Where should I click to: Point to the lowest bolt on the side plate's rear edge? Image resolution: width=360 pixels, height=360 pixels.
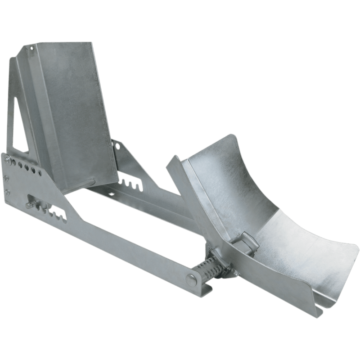[x=8, y=192]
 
